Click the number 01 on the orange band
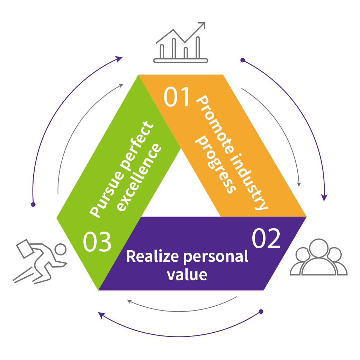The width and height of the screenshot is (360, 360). pyautogui.click(x=177, y=97)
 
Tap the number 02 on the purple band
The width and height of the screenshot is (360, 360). pyautogui.click(x=266, y=238)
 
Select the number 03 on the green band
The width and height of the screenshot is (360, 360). pyautogui.click(x=97, y=242)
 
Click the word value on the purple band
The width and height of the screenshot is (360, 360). pyautogui.click(x=187, y=274)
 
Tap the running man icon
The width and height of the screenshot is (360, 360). pyautogui.click(x=42, y=261)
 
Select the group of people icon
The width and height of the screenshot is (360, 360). pyautogui.click(x=318, y=258)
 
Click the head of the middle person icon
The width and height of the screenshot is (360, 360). pyautogui.click(x=318, y=246)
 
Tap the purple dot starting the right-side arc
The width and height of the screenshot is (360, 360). pyautogui.click(x=243, y=60)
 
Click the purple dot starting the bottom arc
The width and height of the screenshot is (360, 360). pyautogui.click(x=261, y=312)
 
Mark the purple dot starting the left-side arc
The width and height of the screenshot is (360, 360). pyautogui.click(x=33, y=205)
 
